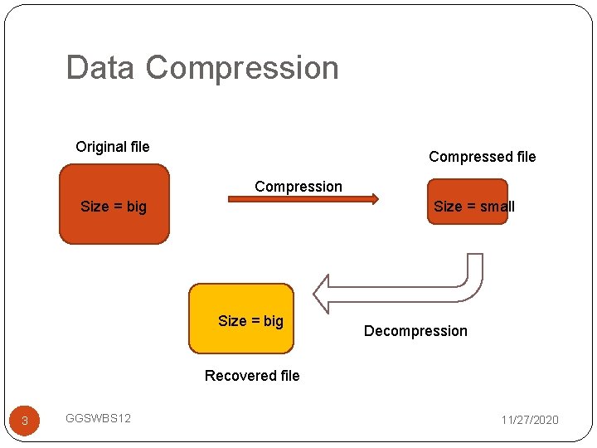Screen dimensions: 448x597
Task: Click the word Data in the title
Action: pos(99,67)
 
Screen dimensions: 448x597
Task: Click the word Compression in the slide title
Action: pos(242,67)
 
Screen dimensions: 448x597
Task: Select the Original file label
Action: pos(113,147)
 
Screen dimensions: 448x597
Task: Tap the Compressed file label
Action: pos(482,157)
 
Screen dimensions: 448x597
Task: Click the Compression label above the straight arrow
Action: pos(298,187)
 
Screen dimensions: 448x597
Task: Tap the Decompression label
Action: pos(415,331)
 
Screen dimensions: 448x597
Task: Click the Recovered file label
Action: pos(252,376)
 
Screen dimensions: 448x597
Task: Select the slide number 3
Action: pos(25,421)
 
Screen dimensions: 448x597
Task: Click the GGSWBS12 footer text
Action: pos(98,418)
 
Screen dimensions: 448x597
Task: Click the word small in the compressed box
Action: pos(496,207)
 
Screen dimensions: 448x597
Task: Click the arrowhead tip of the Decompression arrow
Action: pos(316,293)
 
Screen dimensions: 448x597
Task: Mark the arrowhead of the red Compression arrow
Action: pos(375,199)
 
